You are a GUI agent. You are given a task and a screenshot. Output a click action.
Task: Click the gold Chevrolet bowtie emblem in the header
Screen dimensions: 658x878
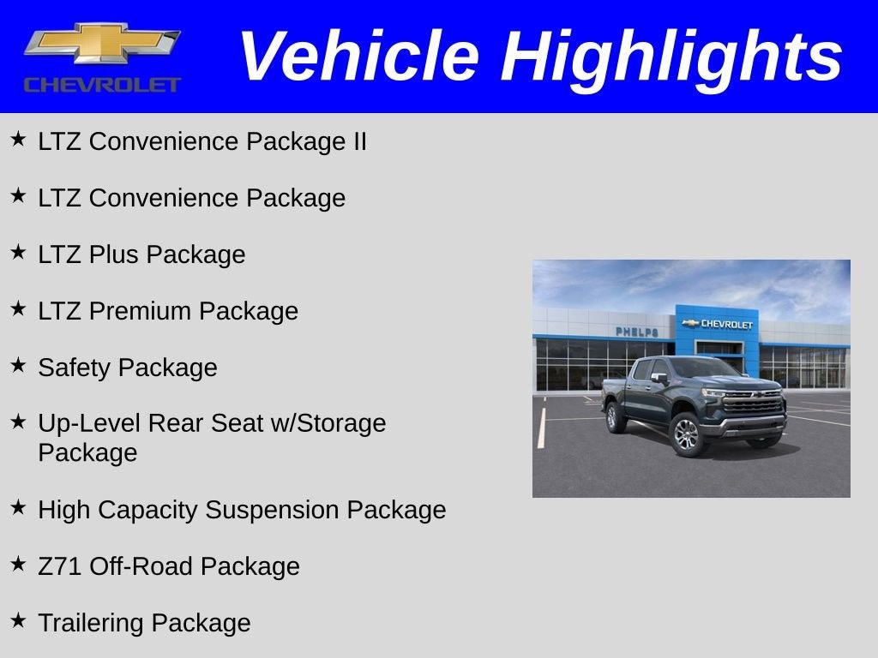(102, 45)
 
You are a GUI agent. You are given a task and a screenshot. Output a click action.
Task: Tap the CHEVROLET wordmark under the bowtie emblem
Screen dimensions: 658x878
(102, 85)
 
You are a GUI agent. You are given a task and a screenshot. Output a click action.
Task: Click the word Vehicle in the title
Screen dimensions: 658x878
(358, 57)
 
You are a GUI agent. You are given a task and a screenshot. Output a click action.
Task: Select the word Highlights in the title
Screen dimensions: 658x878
(671, 57)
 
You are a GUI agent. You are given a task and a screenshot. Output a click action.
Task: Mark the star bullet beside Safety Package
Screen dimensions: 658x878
(18, 365)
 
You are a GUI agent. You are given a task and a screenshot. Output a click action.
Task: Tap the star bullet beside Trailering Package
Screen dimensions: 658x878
(18, 620)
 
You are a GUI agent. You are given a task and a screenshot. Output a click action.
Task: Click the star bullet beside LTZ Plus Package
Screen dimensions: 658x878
(18, 252)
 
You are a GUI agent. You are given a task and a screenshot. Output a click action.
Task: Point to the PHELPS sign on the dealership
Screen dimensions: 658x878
(636, 332)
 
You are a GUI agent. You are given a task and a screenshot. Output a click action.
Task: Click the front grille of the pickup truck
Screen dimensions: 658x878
(754, 404)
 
